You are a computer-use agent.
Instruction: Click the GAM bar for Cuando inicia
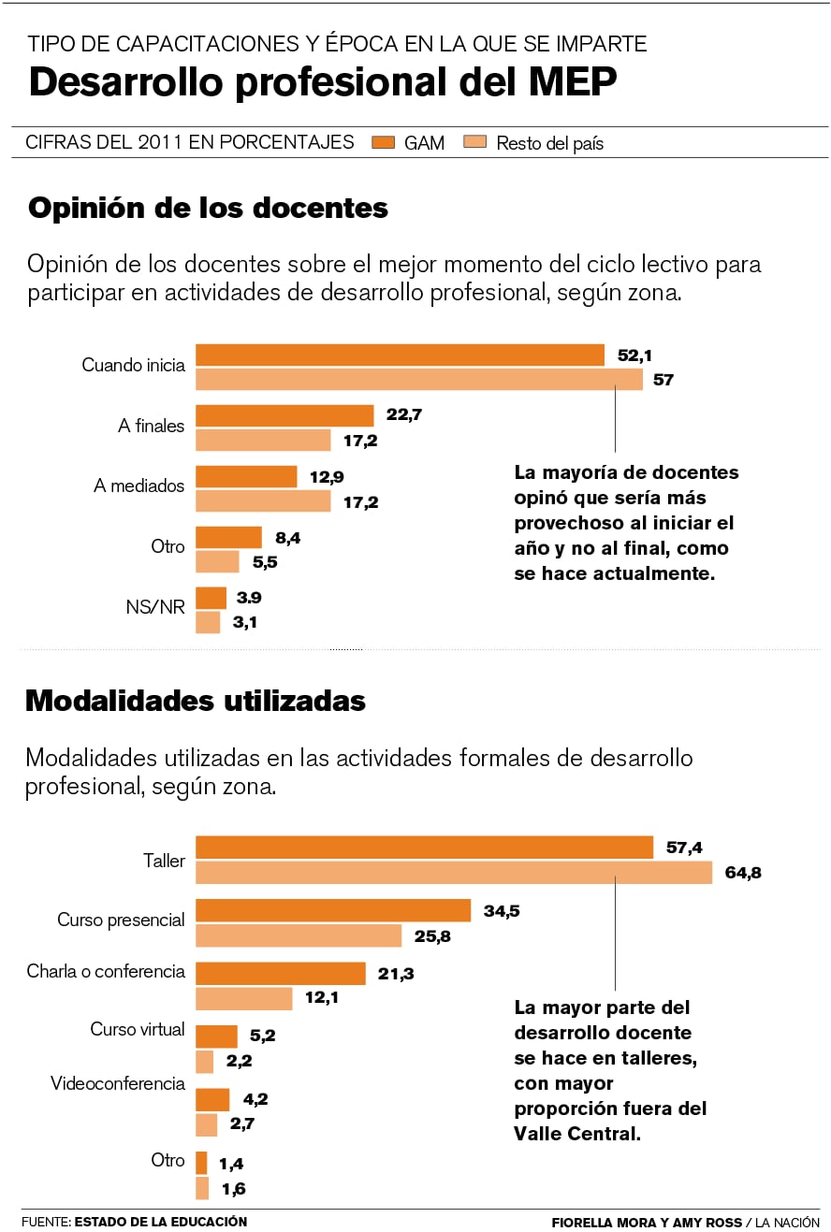click(400, 355)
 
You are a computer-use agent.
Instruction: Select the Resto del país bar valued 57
click(419, 380)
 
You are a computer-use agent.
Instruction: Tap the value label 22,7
click(403, 414)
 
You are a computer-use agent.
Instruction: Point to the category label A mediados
click(139, 486)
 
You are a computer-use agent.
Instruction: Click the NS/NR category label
click(155, 607)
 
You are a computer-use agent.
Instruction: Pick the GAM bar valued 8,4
click(228, 537)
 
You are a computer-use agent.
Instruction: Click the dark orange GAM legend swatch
click(384, 142)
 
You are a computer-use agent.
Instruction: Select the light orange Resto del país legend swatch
click(475, 142)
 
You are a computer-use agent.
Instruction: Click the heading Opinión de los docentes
click(208, 208)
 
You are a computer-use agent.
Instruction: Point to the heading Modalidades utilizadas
click(196, 701)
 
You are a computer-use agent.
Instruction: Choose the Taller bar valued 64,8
click(454, 873)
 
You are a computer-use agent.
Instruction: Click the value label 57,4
click(684, 848)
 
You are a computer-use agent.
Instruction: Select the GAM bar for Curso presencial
click(333, 911)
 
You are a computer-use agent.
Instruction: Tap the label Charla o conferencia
click(106, 972)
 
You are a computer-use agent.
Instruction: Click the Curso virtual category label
click(138, 1030)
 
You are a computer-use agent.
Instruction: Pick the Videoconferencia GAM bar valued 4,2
click(212, 1100)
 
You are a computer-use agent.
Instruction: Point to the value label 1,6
click(232, 1189)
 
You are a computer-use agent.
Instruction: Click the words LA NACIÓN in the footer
click(787, 1223)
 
